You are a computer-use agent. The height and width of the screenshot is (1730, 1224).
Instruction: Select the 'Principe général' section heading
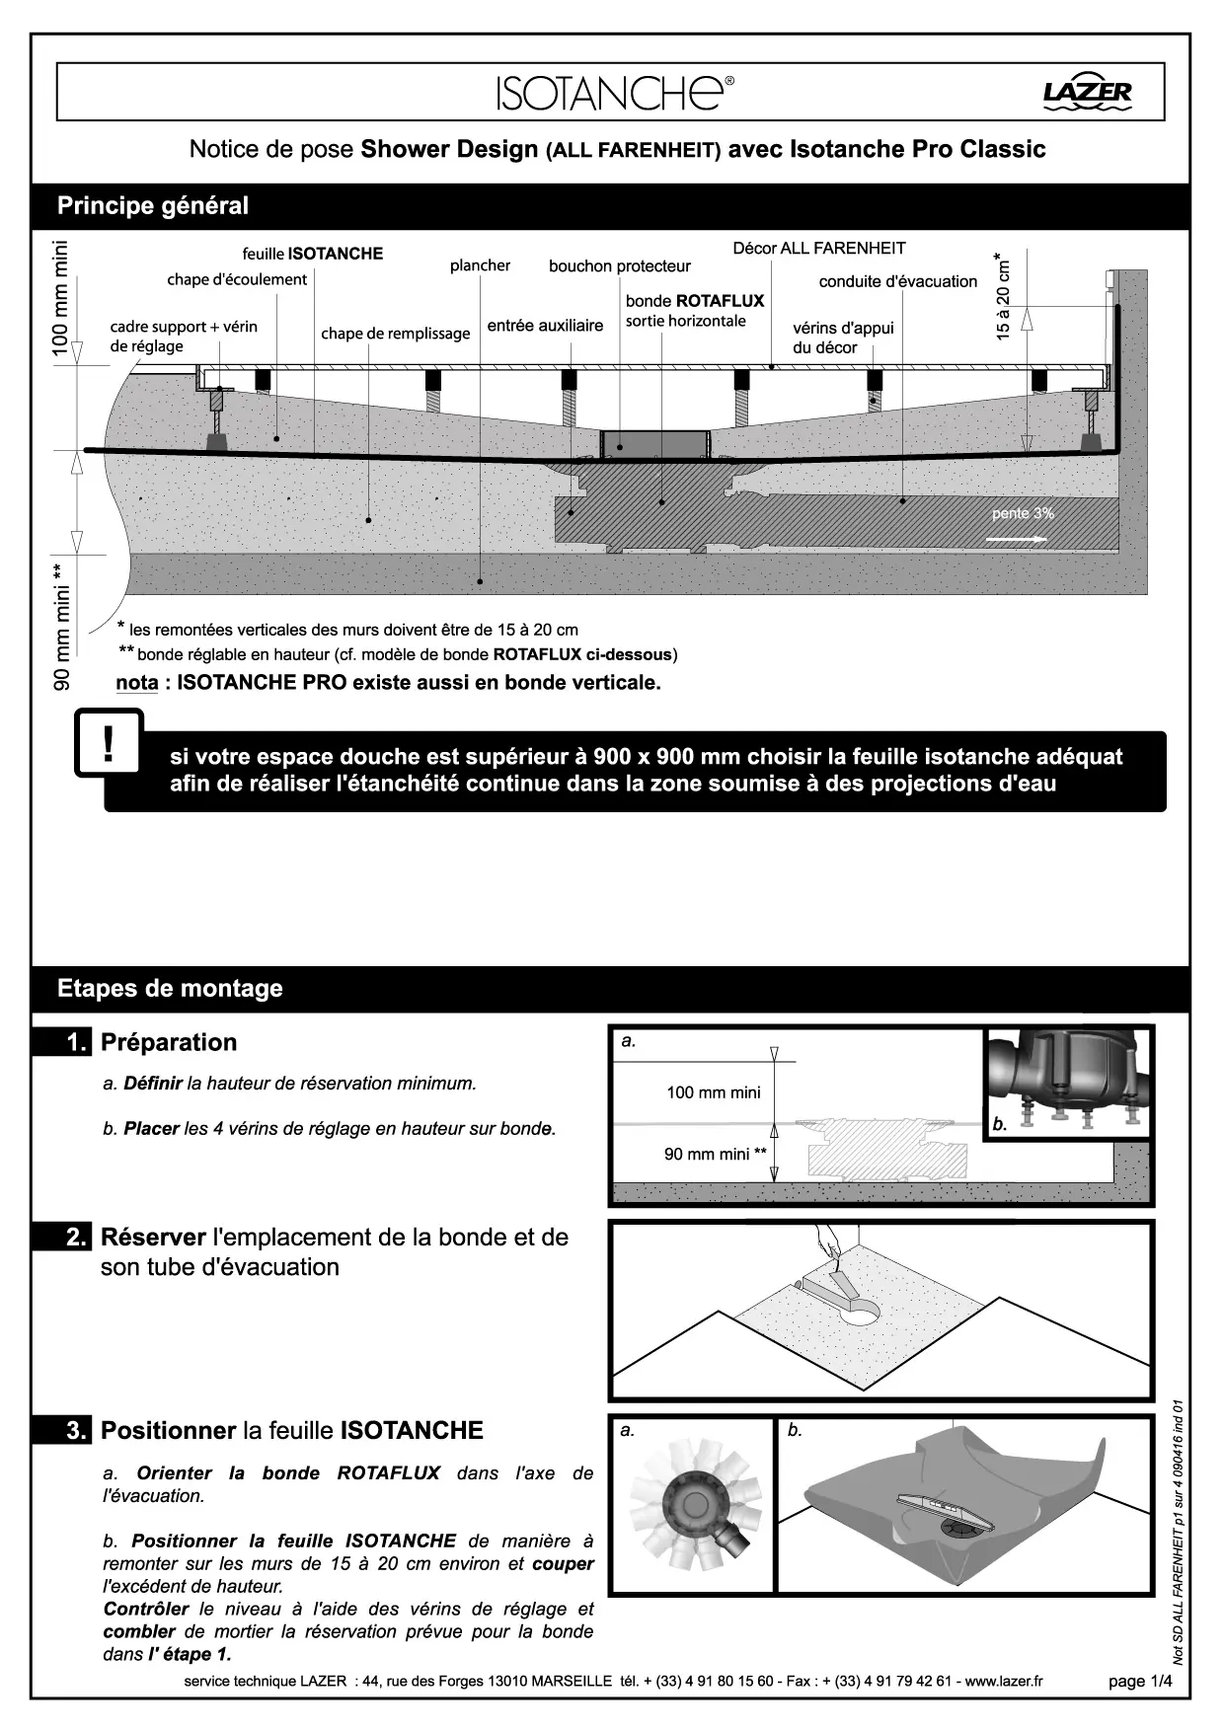(153, 206)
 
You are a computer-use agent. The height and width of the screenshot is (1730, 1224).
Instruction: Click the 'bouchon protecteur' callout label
(620, 266)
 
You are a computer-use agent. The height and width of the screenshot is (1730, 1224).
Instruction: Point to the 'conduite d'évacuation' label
(897, 281)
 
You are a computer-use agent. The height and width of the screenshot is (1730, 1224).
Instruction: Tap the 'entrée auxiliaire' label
(545, 326)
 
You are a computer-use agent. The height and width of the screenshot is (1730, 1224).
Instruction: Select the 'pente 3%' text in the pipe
(1023, 513)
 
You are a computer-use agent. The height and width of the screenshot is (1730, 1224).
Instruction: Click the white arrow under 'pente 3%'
(1016, 539)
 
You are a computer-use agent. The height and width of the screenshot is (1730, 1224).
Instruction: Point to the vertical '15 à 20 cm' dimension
(1004, 297)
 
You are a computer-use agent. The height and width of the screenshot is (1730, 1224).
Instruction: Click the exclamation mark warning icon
(108, 744)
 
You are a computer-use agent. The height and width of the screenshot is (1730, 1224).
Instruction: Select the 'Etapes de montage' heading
(170, 989)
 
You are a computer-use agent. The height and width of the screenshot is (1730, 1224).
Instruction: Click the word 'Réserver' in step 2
(153, 1237)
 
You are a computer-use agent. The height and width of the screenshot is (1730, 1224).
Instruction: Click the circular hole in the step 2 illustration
(861, 1313)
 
